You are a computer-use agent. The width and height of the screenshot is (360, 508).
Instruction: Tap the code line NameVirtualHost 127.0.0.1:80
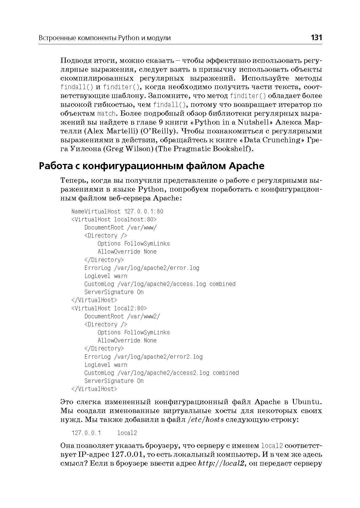(117, 212)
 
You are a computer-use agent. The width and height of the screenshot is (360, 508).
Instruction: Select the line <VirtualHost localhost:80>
(114, 220)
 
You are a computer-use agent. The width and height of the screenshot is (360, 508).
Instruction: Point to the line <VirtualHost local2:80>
(109, 308)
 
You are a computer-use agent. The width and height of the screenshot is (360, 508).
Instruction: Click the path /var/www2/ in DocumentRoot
(143, 316)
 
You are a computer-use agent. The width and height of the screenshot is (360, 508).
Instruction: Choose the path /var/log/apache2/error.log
(156, 268)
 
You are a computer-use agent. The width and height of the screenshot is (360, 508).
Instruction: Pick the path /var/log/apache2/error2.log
(158, 357)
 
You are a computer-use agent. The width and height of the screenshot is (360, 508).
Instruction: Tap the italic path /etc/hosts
(205, 420)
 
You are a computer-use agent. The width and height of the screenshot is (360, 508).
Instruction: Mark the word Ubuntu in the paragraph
(307, 402)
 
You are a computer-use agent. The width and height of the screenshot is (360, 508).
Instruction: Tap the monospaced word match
(107, 114)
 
